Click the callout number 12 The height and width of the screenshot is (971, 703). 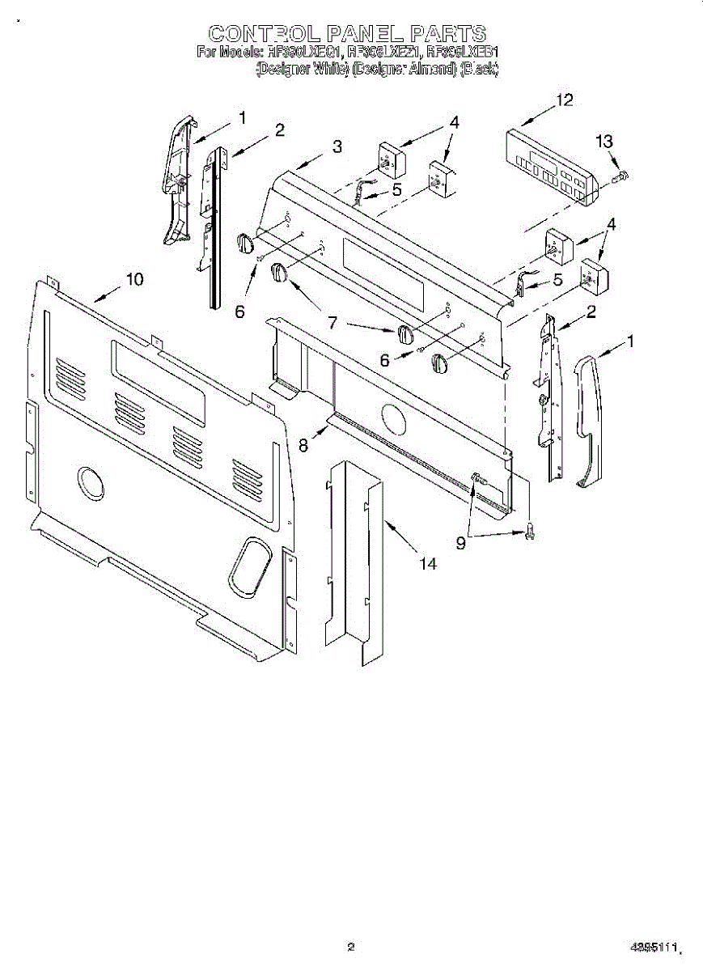pyautogui.click(x=564, y=100)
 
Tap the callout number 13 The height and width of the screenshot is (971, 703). pyautogui.click(x=604, y=142)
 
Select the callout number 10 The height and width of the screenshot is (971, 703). pyautogui.click(x=134, y=279)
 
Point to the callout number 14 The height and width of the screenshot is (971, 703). pyautogui.click(x=427, y=564)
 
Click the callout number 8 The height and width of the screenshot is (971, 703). pyautogui.click(x=303, y=444)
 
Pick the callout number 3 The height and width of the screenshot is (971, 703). pyautogui.click(x=337, y=146)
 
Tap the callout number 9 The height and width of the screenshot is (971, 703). pyautogui.click(x=460, y=544)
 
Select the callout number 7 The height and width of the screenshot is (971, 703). pyautogui.click(x=332, y=322)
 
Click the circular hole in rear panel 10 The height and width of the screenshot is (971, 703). pyautogui.click(x=91, y=482)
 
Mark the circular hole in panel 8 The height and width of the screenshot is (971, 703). pyautogui.click(x=392, y=421)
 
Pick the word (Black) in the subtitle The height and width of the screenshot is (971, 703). pyautogui.click(x=479, y=70)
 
